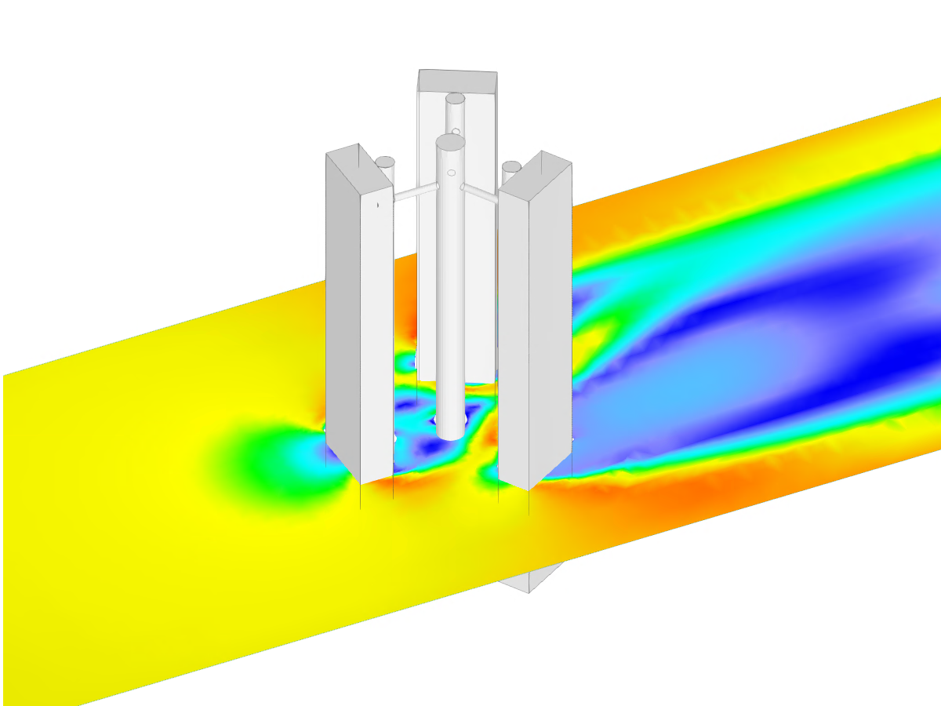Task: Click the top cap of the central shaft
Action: tap(450, 142)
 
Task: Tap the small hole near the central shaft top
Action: tap(451, 172)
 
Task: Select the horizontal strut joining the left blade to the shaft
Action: tap(415, 192)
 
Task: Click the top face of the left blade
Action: tap(359, 166)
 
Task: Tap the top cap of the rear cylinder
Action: tap(455, 99)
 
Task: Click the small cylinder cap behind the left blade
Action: tap(385, 162)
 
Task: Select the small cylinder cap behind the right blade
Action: tap(511, 166)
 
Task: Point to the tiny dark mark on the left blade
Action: tap(377, 205)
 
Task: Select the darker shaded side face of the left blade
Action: tap(343, 314)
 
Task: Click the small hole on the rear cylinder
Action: tap(456, 131)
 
